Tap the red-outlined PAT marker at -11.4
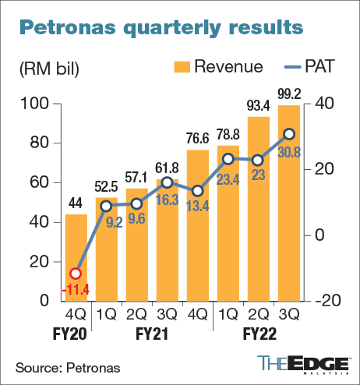[76, 274]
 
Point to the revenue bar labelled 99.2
[288, 203]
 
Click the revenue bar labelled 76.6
[197, 226]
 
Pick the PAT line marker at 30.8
[288, 134]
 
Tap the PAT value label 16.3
[167, 199]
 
